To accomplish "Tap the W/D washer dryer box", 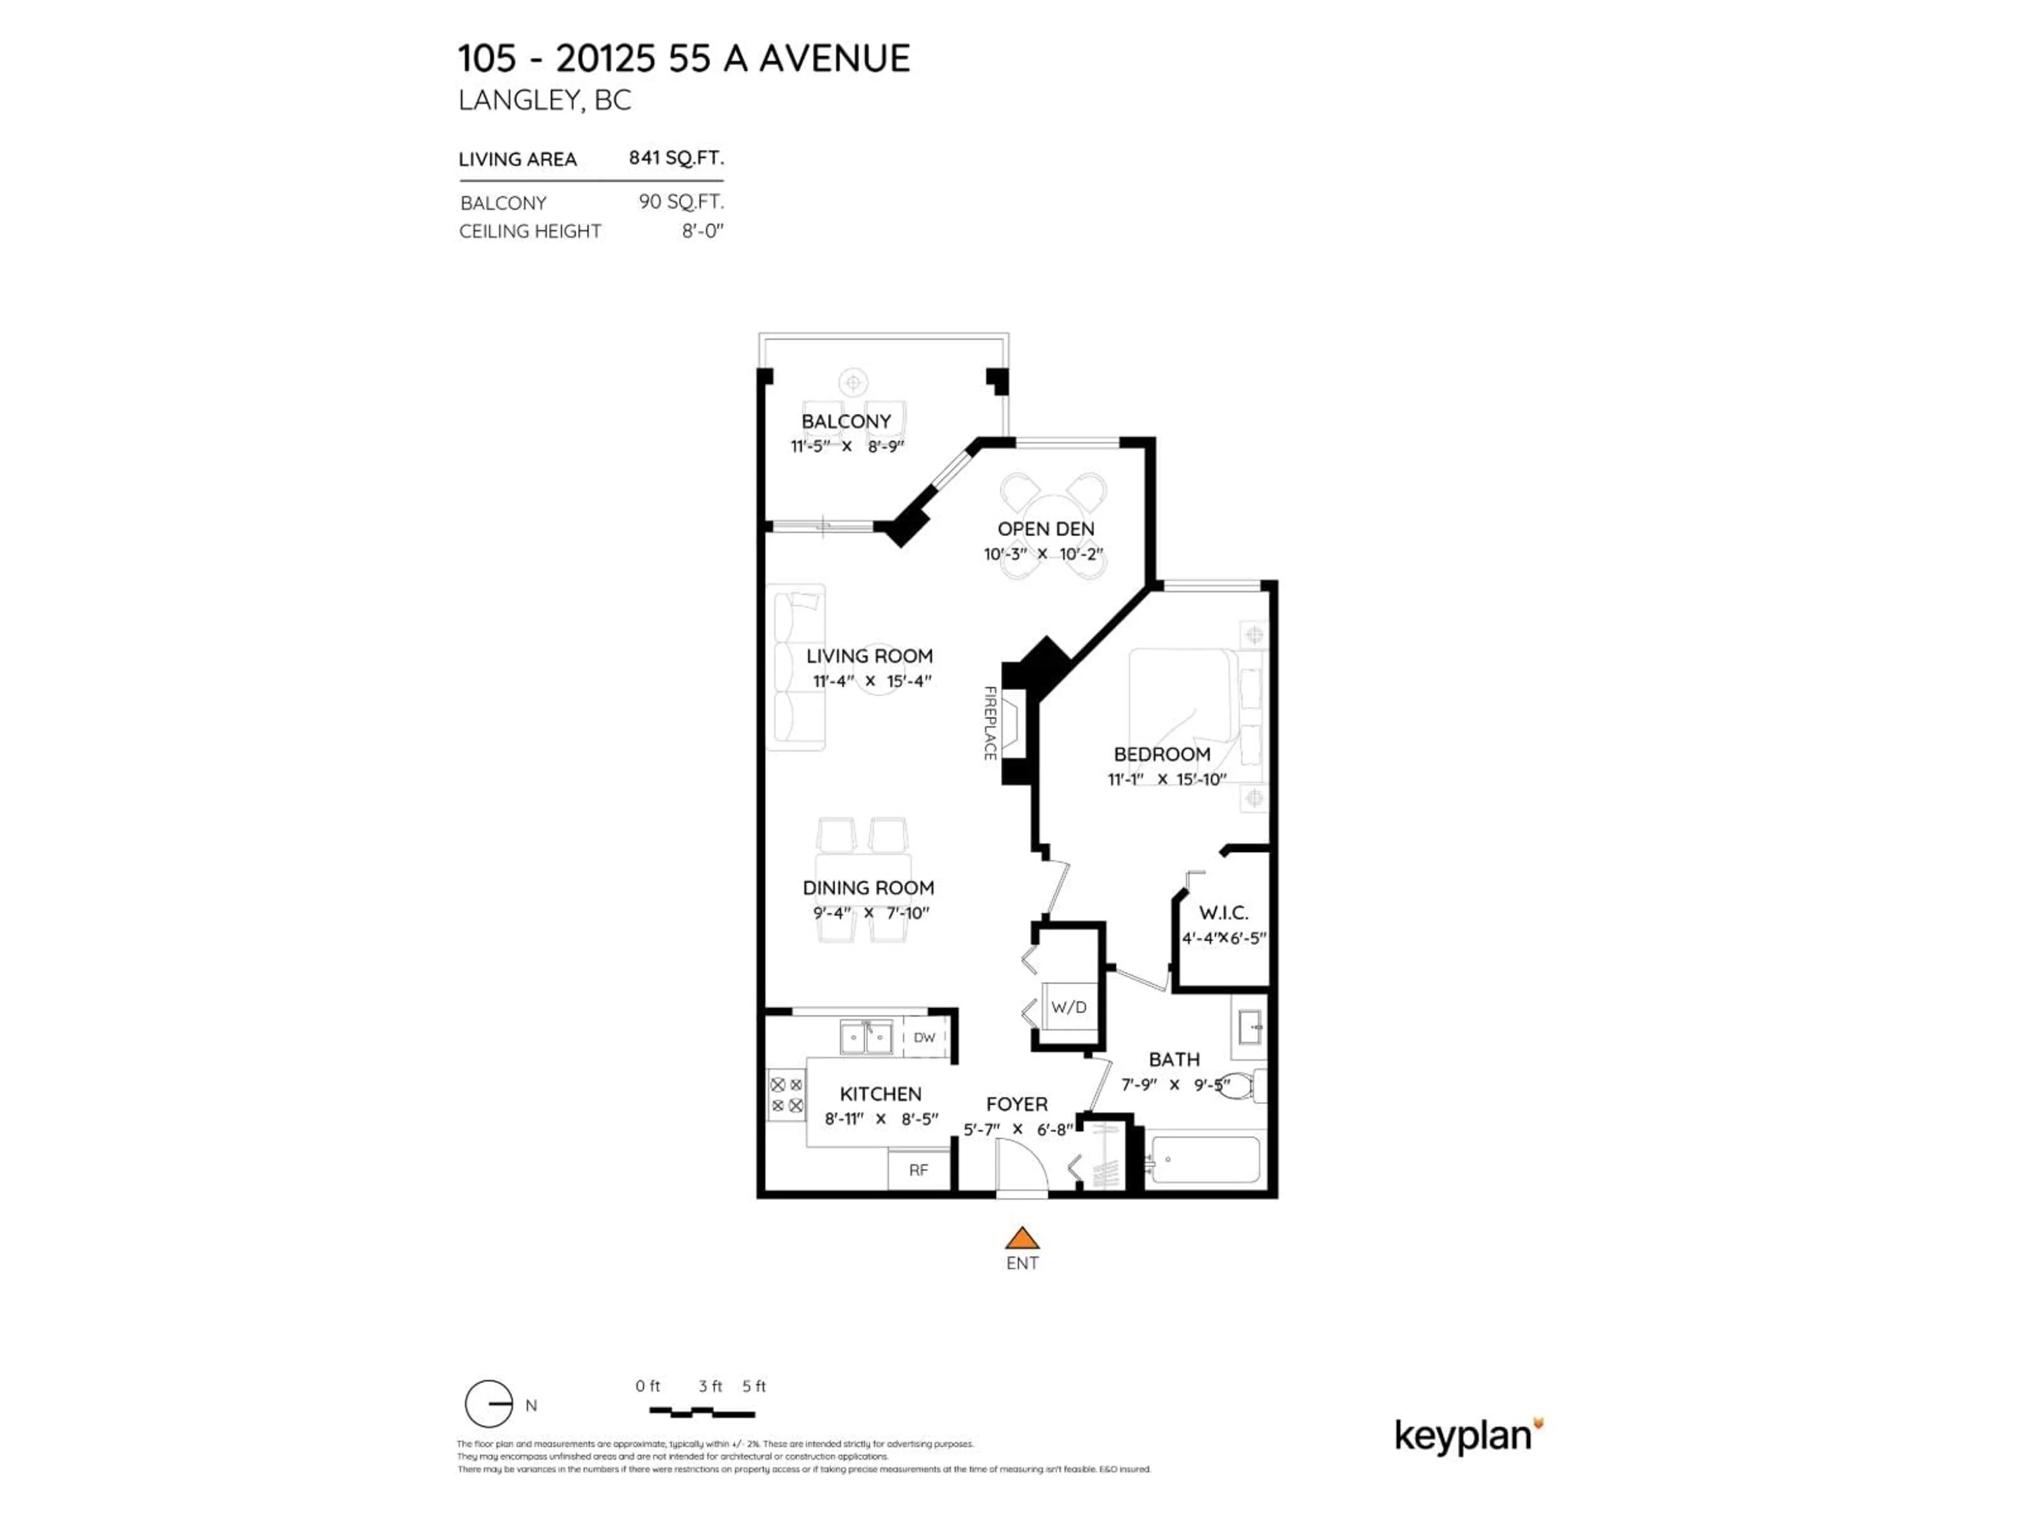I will [1068, 1007].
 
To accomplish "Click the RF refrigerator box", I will [918, 1170].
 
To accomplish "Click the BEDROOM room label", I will [1161, 754].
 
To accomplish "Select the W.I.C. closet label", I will [1223, 912].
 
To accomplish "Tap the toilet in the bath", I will [1242, 1086].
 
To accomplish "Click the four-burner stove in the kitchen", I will [786, 1095].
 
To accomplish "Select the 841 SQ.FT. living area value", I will [676, 158].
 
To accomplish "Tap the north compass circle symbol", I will [489, 1403].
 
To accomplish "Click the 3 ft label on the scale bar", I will [710, 1386].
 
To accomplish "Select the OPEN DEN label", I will [1046, 529].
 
